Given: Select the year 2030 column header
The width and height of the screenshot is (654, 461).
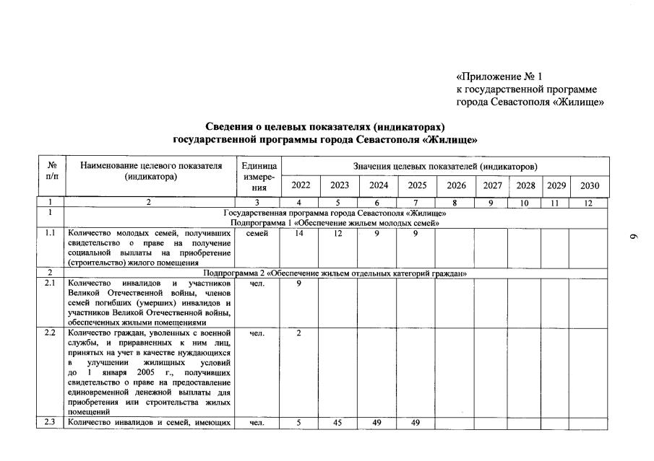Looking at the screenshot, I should tap(589, 185).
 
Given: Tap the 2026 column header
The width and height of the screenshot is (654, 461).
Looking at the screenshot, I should tap(456, 185).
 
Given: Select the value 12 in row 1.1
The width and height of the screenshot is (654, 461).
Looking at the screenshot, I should tap(338, 234).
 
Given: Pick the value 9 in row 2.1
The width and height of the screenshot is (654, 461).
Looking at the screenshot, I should tap(300, 283).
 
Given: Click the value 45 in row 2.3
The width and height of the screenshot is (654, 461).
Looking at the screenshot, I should tap(338, 423).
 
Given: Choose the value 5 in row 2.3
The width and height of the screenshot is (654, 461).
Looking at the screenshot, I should tap(300, 423).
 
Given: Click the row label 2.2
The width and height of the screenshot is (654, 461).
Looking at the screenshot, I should tap(50, 333).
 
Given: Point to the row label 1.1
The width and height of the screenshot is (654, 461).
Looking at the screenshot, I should tap(50, 234).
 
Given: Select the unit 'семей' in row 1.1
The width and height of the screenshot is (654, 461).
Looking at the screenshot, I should tap(258, 234).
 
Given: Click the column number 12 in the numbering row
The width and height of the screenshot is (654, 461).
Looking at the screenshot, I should tap(589, 203).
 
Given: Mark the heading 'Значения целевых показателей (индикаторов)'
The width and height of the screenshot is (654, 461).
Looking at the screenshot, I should tap(445, 167).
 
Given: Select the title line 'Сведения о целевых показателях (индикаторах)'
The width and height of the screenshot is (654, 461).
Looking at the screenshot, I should tap(326, 127).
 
